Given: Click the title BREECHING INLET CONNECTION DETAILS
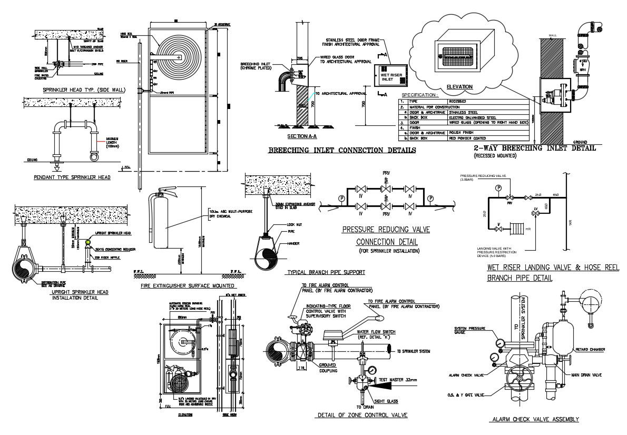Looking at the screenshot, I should (342, 150).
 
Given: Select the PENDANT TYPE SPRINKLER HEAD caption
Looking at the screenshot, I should (72, 177).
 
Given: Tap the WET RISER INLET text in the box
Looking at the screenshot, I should (387, 77).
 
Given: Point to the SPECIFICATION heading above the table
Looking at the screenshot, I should (419, 95).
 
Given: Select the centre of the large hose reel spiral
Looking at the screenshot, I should (180, 57).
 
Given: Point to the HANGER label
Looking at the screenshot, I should (293, 243).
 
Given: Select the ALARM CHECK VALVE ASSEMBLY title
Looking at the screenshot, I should (535, 419).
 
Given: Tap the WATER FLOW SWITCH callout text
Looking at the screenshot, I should (376, 332).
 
